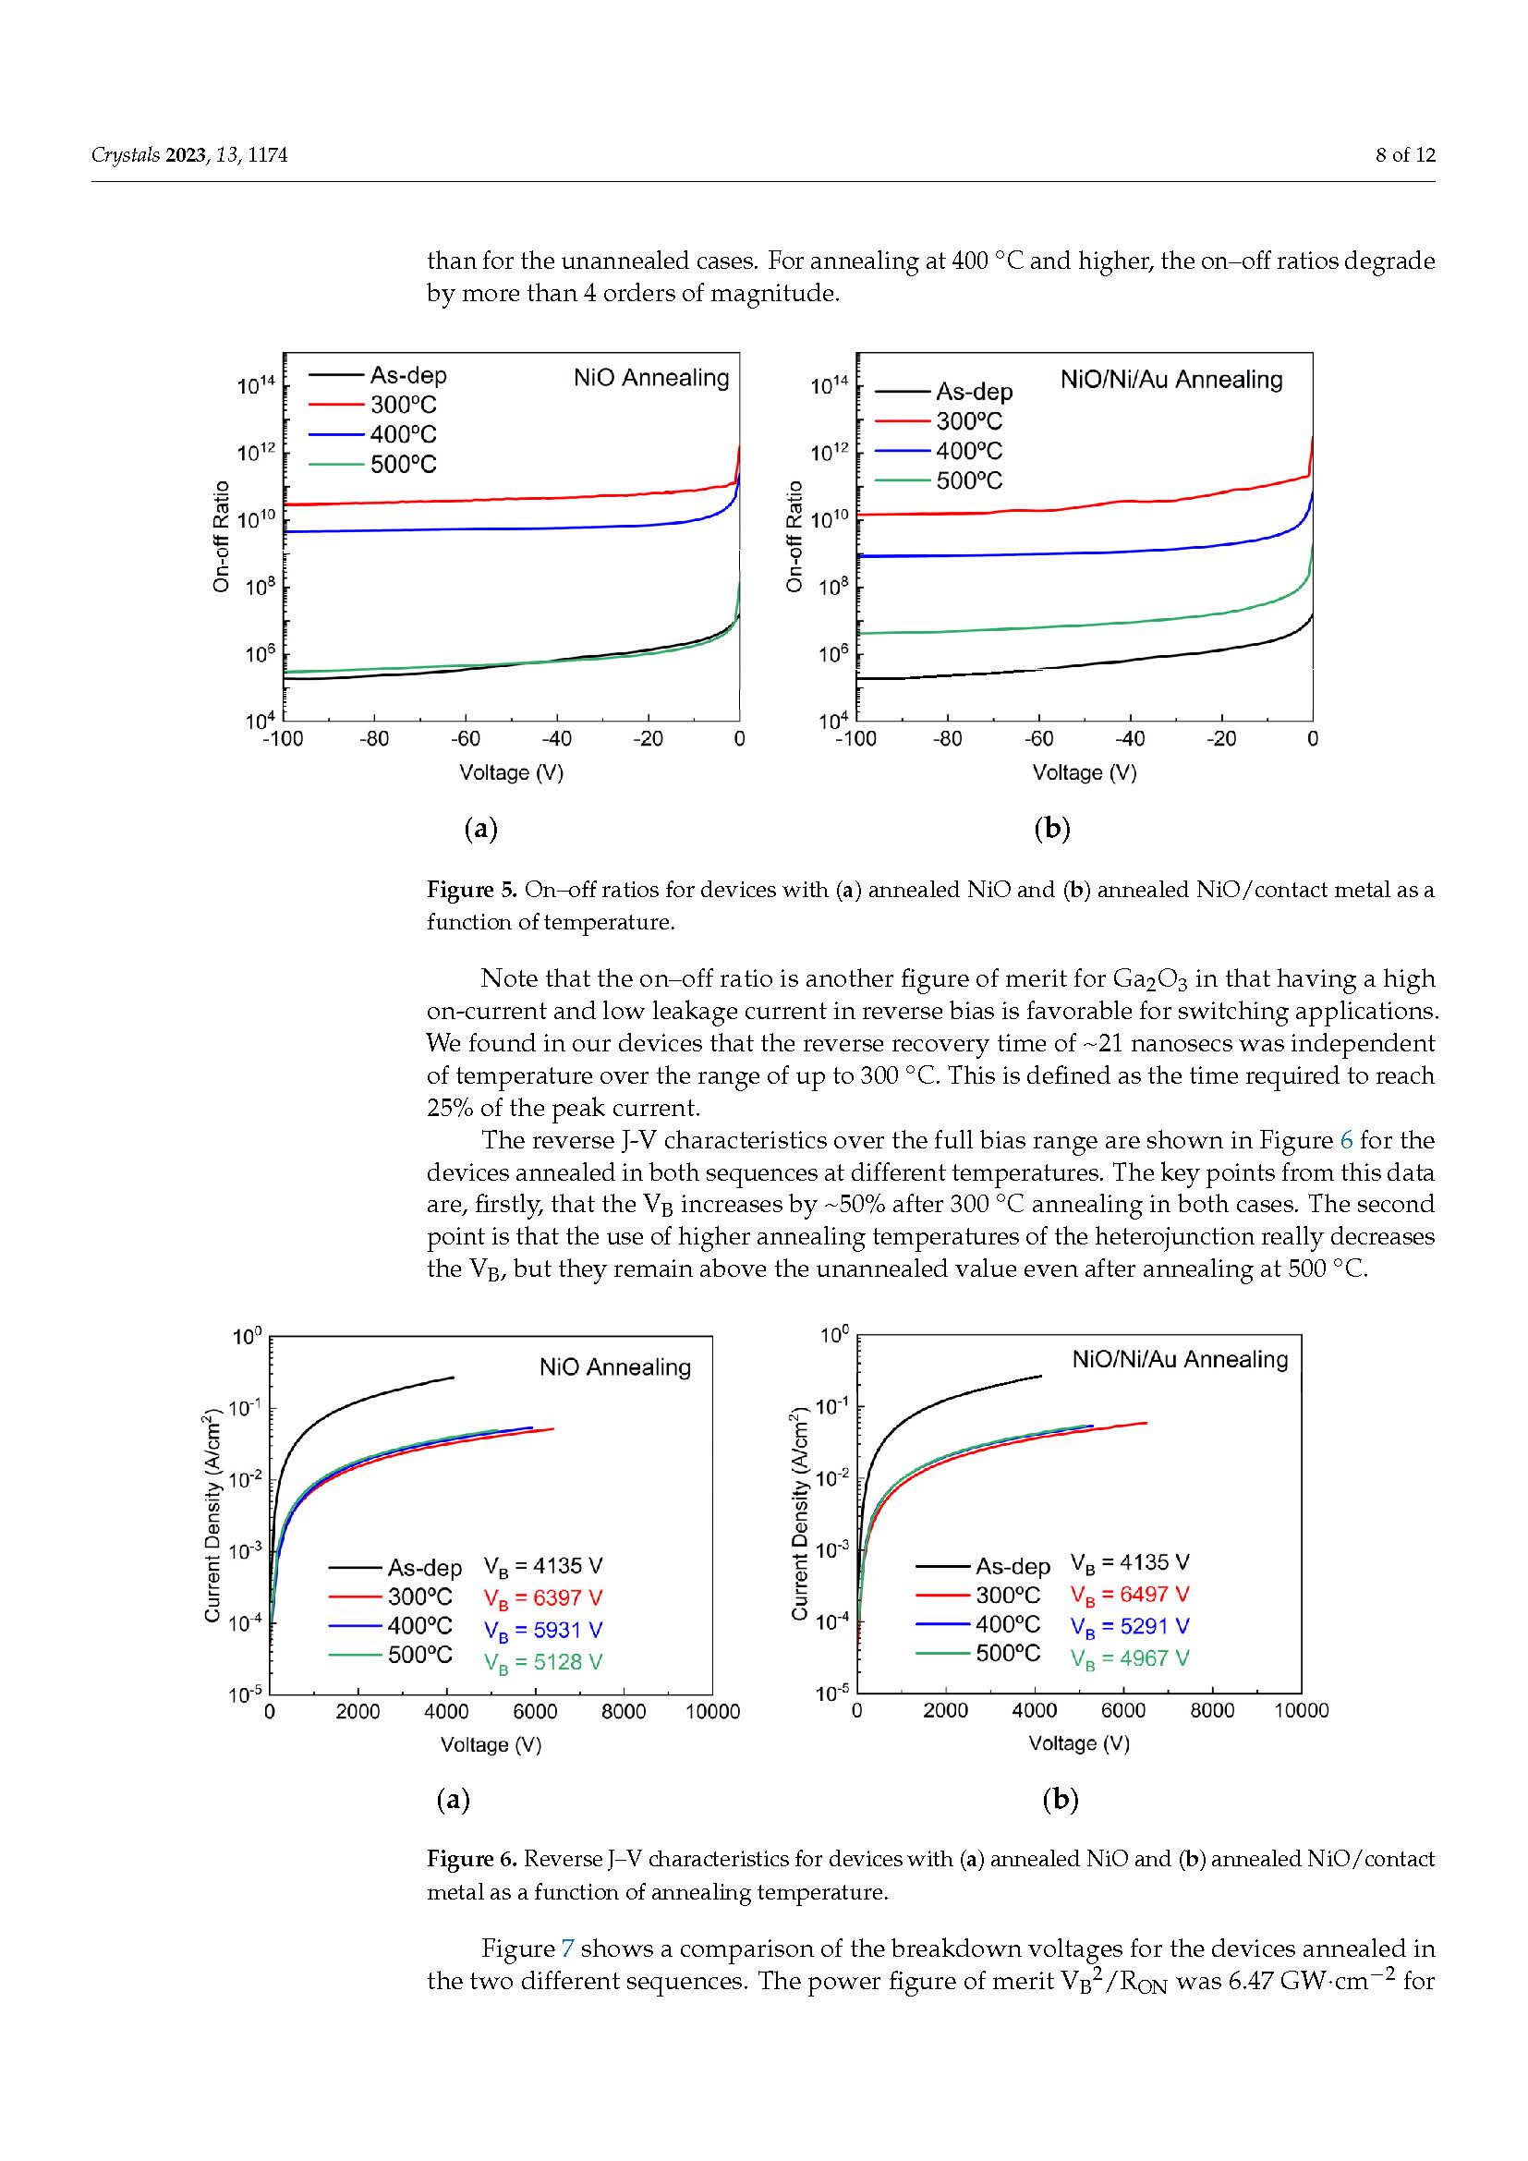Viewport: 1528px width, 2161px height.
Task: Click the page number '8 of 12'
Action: [x=1405, y=155]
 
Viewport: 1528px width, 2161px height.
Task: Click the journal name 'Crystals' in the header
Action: [x=125, y=155]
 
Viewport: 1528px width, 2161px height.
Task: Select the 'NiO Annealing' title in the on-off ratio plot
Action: [x=651, y=379]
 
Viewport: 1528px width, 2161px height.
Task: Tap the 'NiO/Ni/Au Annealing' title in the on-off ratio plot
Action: [x=1170, y=381]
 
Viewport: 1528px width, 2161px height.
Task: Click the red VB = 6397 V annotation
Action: [x=543, y=1598]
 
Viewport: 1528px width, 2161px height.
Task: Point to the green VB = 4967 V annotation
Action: [x=1129, y=1658]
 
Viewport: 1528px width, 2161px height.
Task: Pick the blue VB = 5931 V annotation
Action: [x=543, y=1630]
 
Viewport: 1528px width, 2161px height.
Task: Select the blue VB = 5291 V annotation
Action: [x=1129, y=1626]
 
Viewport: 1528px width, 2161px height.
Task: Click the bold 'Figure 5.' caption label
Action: [x=471, y=890]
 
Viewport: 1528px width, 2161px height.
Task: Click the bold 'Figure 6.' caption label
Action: [x=471, y=1859]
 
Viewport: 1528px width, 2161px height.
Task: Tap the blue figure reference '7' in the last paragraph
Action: [x=567, y=1949]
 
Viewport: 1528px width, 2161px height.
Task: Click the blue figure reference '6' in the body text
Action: [x=1346, y=1140]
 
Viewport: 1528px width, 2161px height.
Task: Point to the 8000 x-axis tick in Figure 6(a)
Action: [x=623, y=1711]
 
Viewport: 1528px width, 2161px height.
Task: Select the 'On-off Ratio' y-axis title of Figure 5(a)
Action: [x=221, y=537]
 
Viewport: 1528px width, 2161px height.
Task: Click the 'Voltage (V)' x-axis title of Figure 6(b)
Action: [x=1078, y=1743]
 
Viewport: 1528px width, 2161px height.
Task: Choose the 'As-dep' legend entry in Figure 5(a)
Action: [x=407, y=375]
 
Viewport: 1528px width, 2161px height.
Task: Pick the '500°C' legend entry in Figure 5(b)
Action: [x=968, y=481]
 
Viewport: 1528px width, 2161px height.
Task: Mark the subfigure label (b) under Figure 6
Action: [x=1060, y=1800]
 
